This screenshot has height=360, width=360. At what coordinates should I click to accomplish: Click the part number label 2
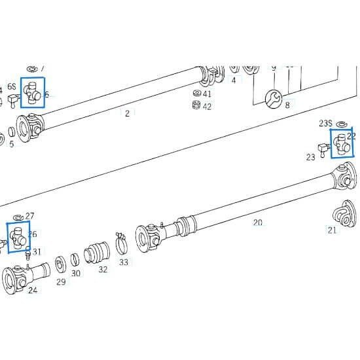[127, 113]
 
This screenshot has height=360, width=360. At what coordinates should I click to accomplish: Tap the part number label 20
[257, 223]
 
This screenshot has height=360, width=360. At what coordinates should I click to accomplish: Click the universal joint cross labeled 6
[32, 92]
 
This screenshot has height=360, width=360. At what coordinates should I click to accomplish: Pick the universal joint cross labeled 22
[341, 143]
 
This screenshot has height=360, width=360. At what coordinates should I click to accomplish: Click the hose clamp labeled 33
[120, 244]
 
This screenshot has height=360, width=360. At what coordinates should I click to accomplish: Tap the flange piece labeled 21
[341, 215]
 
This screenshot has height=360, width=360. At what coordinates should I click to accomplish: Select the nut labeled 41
[196, 93]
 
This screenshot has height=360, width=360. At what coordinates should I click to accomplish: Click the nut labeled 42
[196, 105]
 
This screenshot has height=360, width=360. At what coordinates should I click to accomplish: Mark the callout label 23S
[325, 123]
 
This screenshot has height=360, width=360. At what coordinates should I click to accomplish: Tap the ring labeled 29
[60, 264]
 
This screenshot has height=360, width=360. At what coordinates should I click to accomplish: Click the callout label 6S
[11, 88]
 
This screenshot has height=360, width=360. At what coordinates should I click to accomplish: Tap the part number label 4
[233, 81]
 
